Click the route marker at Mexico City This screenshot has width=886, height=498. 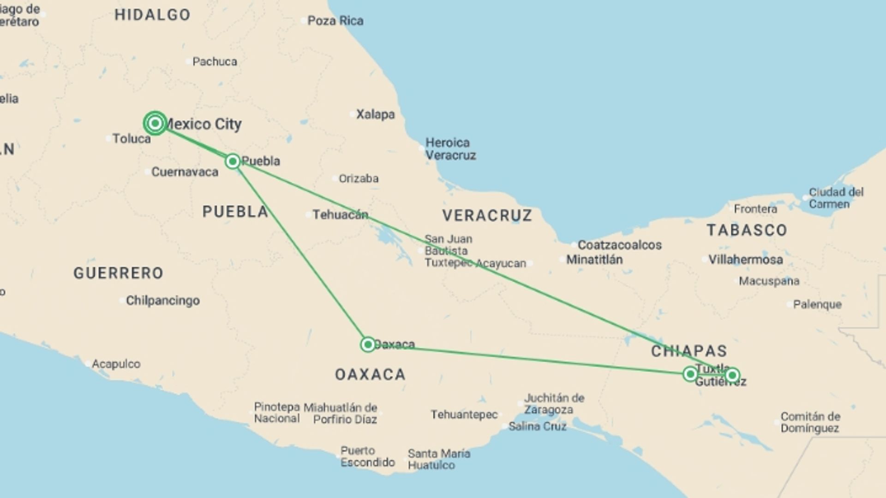(155, 123)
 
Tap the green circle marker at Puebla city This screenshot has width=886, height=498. (233, 161)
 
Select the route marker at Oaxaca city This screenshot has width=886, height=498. (368, 344)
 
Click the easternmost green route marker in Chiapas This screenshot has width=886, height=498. (732, 375)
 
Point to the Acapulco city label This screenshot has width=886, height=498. (116, 364)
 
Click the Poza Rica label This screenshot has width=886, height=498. (335, 21)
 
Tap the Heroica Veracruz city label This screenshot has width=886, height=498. (450, 149)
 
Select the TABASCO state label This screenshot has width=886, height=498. (747, 230)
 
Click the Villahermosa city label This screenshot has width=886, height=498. (745, 260)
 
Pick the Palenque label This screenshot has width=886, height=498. (817, 304)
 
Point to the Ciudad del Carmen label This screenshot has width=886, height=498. (836, 198)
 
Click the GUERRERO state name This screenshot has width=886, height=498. (118, 273)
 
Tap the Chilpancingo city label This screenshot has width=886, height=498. (162, 301)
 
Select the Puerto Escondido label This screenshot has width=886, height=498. (367, 456)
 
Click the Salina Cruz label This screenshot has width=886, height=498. (537, 427)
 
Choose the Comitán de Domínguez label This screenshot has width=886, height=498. (810, 422)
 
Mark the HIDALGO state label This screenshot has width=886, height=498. (152, 15)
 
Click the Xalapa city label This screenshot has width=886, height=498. (375, 114)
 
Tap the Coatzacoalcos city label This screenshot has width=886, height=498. (619, 245)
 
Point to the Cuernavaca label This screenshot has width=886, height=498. (185, 172)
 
